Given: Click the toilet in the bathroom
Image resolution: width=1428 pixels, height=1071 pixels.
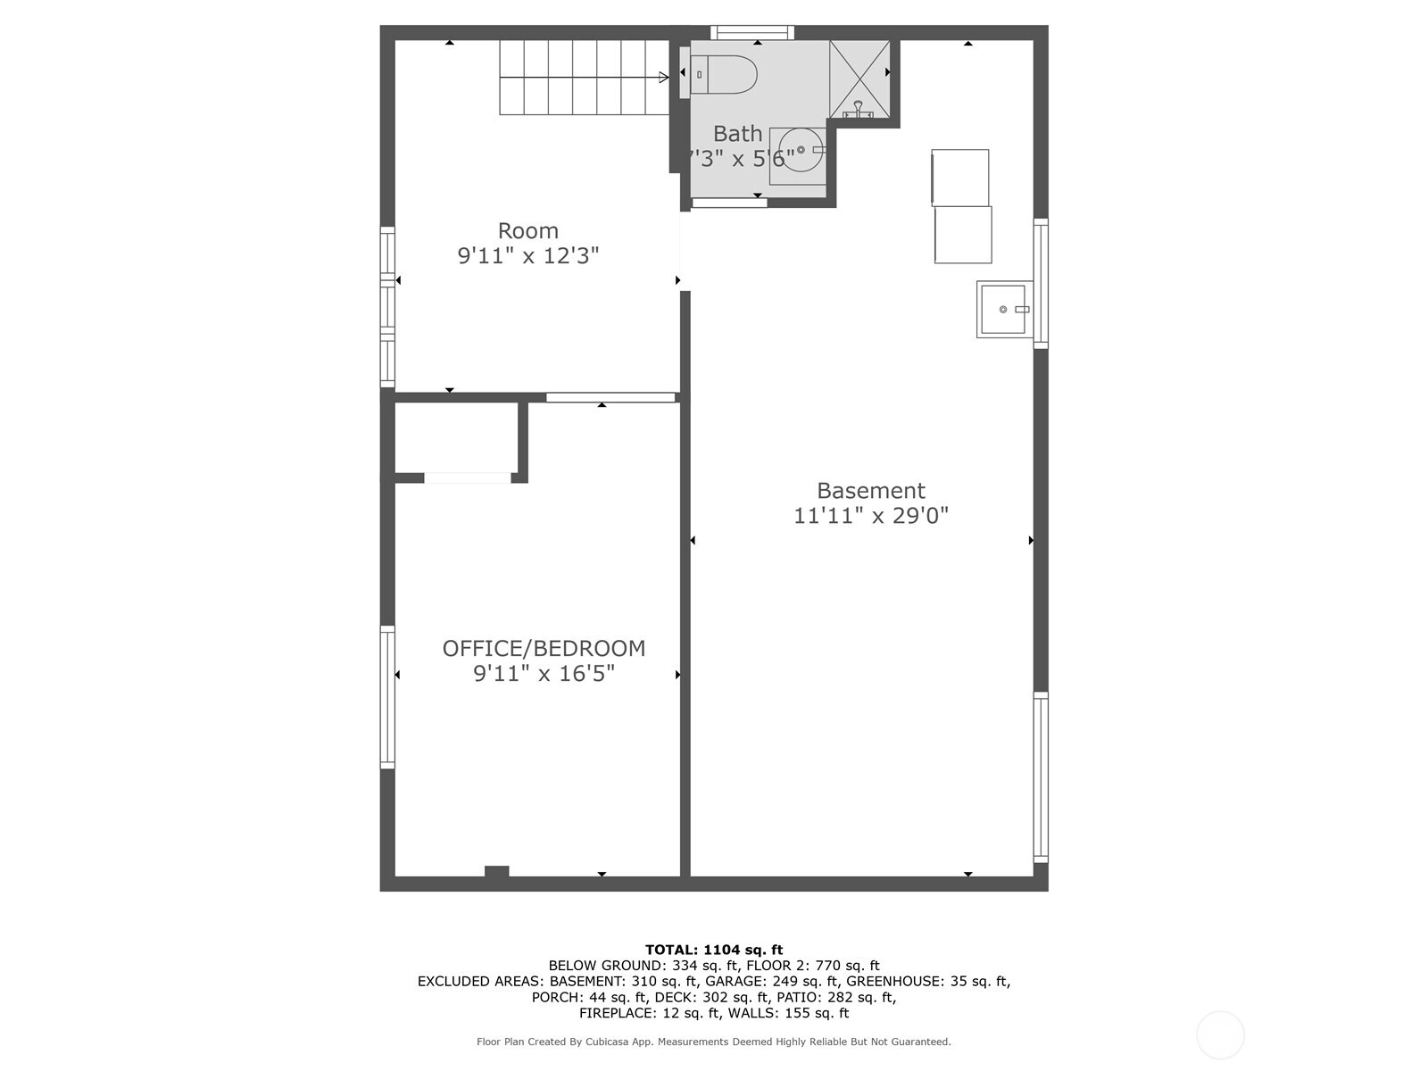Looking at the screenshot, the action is (718, 74).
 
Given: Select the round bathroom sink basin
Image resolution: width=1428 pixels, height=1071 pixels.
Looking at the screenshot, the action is (801, 150).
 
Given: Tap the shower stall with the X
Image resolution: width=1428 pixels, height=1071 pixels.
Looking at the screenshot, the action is (859, 79).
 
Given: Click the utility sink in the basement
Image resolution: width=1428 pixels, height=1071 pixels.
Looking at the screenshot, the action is (1004, 309).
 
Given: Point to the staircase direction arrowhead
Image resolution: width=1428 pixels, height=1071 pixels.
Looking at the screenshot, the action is (664, 78).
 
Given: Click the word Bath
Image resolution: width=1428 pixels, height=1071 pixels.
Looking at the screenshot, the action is (738, 133).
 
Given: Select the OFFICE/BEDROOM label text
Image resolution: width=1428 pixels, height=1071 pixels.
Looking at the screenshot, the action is (544, 648).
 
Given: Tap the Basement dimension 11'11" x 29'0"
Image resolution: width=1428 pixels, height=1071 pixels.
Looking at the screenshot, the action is (871, 516).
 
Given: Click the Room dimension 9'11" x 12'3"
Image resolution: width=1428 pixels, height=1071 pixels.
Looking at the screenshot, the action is (528, 255).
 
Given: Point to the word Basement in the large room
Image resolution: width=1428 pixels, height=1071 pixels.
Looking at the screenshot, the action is (871, 490).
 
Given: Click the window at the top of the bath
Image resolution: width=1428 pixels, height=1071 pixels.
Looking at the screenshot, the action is (752, 32).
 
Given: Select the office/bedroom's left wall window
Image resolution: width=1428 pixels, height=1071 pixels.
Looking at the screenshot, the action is (387, 697).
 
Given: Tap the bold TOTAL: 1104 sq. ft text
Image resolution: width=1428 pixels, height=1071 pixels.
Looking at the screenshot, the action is (714, 950).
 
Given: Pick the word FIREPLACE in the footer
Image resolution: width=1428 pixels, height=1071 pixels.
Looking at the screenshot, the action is (618, 1013).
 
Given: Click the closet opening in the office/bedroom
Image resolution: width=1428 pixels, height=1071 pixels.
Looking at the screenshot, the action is (467, 478).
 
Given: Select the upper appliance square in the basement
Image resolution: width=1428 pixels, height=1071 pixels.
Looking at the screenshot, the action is (960, 178).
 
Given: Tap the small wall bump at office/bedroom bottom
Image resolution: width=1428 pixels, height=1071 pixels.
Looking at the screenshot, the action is (496, 871).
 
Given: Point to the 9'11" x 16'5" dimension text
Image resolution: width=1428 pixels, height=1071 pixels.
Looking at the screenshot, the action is (544, 674).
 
